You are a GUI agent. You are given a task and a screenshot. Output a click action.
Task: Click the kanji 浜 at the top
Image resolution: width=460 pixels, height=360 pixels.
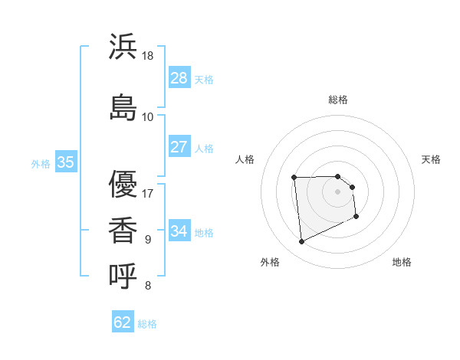[123, 47]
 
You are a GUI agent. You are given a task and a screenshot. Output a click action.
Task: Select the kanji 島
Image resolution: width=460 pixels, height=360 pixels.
[123, 106]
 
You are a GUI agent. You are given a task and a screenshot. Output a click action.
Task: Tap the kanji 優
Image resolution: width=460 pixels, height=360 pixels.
[123, 184]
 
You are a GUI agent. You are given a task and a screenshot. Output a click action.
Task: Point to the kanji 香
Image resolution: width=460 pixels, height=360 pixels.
[123, 231]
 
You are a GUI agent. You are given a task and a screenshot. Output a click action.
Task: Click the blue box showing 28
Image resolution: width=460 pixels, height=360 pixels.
[179, 78]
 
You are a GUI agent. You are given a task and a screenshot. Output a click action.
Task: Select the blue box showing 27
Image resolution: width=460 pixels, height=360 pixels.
[179, 147]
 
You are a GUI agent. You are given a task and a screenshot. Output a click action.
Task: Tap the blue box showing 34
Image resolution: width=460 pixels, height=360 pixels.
[179, 231]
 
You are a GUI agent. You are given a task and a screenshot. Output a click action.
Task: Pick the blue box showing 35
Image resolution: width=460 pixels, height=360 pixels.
[65, 162]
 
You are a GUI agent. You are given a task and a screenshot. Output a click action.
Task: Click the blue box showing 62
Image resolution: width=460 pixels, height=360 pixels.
[123, 322]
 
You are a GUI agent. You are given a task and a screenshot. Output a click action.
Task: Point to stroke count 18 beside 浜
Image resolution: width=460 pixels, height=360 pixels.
[148, 56]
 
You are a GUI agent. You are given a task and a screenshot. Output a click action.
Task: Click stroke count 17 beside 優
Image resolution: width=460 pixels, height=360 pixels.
[148, 193]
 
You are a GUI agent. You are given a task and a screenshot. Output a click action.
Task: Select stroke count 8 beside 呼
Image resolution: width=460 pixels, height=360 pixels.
[148, 286]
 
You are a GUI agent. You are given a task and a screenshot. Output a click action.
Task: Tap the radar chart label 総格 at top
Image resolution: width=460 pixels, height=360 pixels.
[338, 100]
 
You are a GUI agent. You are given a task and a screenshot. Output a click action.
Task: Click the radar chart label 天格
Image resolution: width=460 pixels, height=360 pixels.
[432, 159]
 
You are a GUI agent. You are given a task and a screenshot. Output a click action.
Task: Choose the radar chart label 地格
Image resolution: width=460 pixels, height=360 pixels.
[402, 262]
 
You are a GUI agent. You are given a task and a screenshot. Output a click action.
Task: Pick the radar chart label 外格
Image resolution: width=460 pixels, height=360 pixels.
[270, 262]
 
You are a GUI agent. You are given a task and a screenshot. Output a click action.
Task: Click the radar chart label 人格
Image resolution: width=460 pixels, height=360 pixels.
[245, 159]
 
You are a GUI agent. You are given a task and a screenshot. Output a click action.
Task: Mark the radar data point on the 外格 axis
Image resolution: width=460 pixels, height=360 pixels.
[302, 242]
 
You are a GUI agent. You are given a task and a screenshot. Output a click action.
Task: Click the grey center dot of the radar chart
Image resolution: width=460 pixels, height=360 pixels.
[338, 191]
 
